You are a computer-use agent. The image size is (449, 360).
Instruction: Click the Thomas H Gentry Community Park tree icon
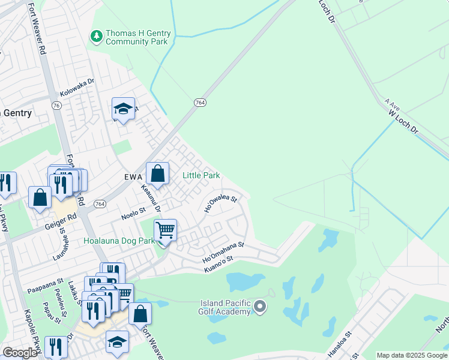(x=96, y=37)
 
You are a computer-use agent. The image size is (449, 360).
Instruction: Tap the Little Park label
(x=201, y=176)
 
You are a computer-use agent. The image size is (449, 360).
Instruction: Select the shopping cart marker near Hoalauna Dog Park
(x=165, y=230)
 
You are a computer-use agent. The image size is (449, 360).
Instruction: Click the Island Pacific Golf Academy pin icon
(x=259, y=307)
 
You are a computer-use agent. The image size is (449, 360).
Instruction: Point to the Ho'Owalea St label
(x=220, y=202)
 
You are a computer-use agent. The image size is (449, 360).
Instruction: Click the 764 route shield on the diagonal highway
(x=200, y=103)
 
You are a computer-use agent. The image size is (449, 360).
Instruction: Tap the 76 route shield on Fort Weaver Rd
(x=56, y=105)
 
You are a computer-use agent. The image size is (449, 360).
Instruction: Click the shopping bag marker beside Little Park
(x=157, y=174)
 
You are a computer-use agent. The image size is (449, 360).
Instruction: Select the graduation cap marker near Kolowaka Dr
(x=123, y=109)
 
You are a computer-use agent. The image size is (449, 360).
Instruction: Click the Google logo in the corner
(x=20, y=353)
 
